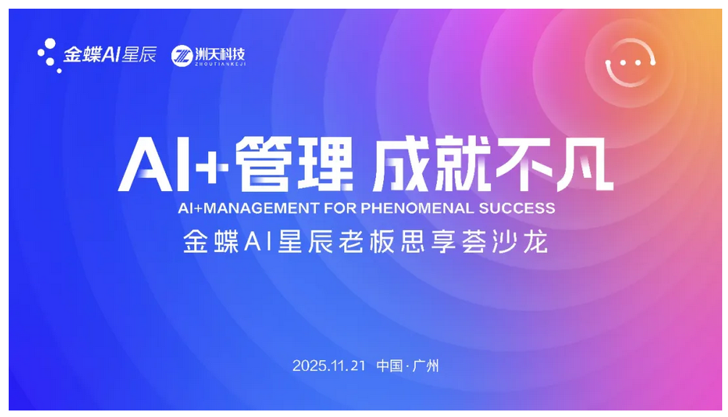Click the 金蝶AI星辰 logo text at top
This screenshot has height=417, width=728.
coord(109,55)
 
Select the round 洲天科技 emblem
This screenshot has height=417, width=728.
coord(181,56)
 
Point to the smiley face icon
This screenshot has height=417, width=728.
coord(630,62)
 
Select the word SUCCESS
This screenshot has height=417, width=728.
coord(517,208)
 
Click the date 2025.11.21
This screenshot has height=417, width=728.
coord(330,366)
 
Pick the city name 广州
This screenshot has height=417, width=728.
coord(427,366)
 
